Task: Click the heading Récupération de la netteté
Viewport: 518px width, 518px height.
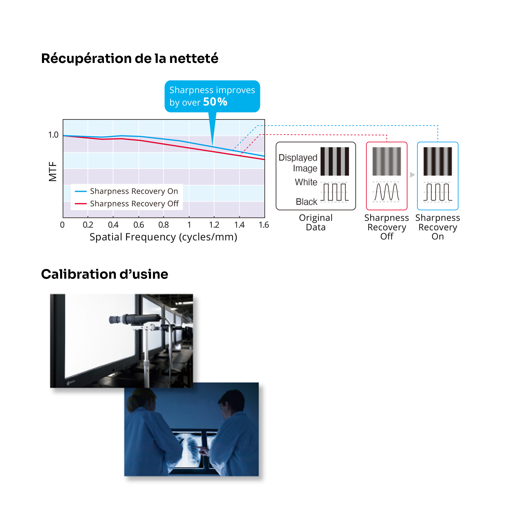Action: click(129, 59)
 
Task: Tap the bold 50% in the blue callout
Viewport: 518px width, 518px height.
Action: click(215, 102)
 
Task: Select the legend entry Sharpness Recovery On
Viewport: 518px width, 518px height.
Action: click(134, 191)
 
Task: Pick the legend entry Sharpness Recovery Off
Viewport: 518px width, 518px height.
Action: click(134, 204)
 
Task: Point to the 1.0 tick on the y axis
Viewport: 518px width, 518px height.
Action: click(53, 135)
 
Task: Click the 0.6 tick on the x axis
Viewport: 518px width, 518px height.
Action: click(139, 225)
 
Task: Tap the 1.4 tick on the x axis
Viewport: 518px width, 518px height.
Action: click(239, 225)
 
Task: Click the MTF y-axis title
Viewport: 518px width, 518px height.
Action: click(53, 172)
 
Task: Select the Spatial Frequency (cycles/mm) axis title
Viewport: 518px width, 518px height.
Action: click(163, 237)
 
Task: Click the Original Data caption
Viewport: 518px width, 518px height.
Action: click(315, 222)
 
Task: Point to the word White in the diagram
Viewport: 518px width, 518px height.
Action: click(306, 182)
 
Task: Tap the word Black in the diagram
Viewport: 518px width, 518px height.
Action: click(306, 202)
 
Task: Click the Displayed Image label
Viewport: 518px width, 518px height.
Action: click(298, 163)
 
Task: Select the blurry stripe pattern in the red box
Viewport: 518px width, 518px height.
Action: click(387, 161)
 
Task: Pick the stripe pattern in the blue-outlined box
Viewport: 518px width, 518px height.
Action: click(437, 161)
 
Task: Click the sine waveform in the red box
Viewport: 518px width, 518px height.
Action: click(387, 192)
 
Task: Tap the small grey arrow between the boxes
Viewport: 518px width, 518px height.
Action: click(412, 175)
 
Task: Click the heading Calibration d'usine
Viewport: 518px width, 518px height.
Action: click(105, 274)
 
